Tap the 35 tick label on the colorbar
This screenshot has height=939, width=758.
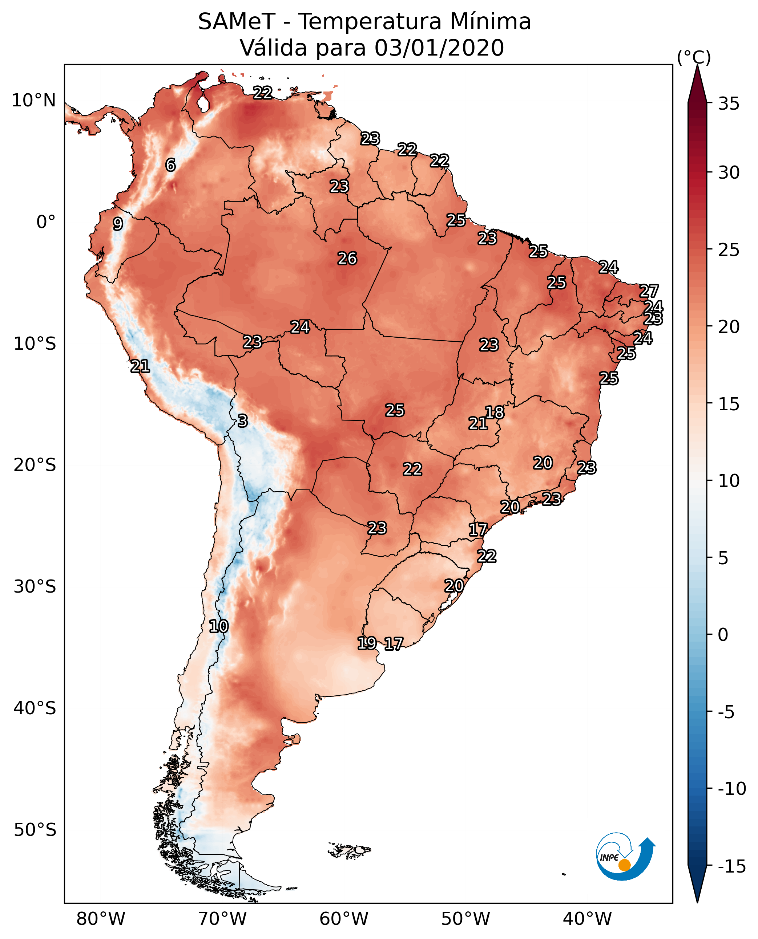(x=729, y=104)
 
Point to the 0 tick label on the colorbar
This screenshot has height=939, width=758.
(x=723, y=635)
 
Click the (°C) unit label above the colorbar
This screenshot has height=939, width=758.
(x=694, y=57)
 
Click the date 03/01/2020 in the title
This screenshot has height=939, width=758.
(x=439, y=48)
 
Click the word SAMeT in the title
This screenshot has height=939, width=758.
(x=236, y=22)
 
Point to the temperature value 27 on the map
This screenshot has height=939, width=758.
(x=649, y=291)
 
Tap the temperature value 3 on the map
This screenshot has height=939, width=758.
(x=243, y=420)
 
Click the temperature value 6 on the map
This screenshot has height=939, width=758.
(x=170, y=165)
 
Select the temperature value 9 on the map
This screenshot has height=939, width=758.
(x=118, y=224)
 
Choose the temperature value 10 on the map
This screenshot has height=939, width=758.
(x=218, y=627)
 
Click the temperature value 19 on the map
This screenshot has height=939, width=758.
(x=367, y=643)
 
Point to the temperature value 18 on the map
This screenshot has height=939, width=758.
(x=495, y=412)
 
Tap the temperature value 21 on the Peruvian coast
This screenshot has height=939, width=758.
(x=140, y=366)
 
